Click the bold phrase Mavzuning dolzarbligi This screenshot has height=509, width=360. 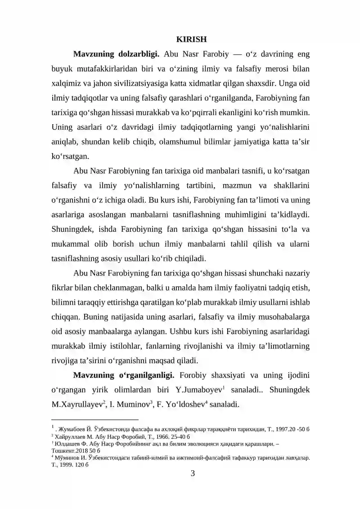point(116,54)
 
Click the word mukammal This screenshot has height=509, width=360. point(67,244)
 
